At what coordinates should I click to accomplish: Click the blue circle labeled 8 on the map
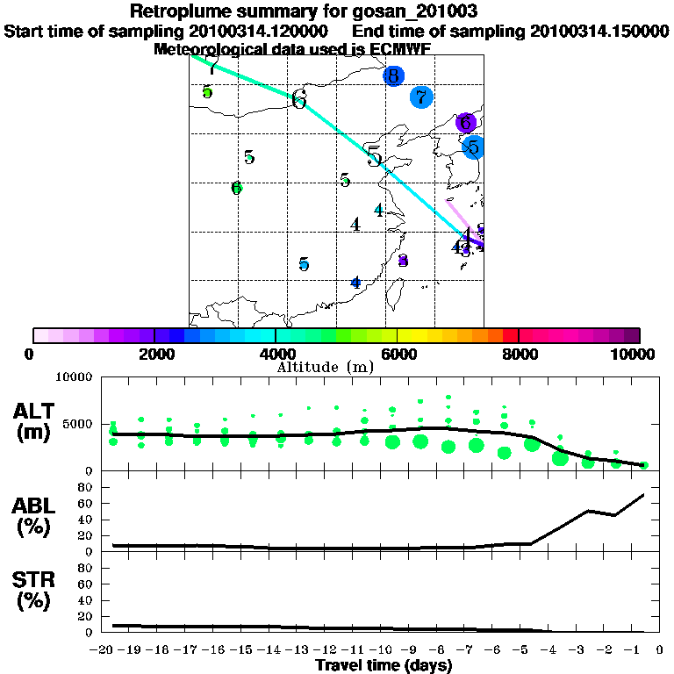click(393, 75)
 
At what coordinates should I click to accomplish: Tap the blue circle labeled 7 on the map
click(421, 97)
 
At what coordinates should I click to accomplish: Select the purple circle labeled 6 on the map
click(466, 123)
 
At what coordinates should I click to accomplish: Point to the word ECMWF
click(400, 49)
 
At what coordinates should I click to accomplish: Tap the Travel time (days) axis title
click(384, 666)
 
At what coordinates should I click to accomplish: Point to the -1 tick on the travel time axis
click(642, 649)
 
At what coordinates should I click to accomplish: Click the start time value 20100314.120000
click(259, 31)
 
